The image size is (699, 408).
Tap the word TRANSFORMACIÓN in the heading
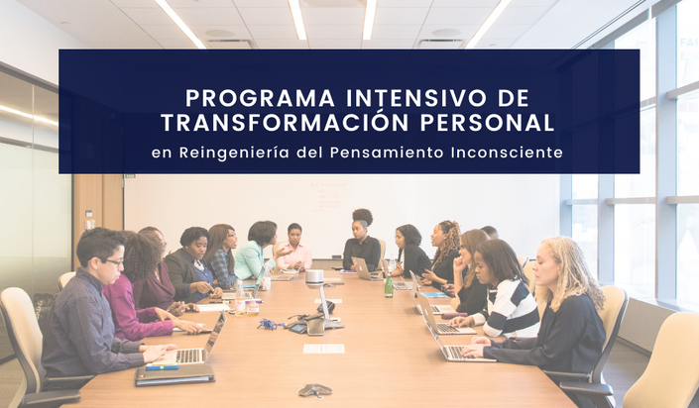tap(285, 123)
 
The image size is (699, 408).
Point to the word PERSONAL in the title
tap(487, 123)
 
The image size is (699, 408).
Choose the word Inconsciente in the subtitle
tap(507, 153)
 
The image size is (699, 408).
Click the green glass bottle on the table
tap(389, 285)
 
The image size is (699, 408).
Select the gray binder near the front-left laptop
tap(175, 374)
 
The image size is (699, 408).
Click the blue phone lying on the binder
tap(163, 366)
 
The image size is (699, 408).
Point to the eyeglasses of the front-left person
tap(114, 262)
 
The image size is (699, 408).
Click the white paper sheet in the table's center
tap(324, 349)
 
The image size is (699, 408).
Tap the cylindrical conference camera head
tap(314, 279)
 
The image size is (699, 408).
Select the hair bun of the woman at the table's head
tap(363, 216)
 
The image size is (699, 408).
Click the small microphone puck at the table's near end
tap(315, 390)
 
